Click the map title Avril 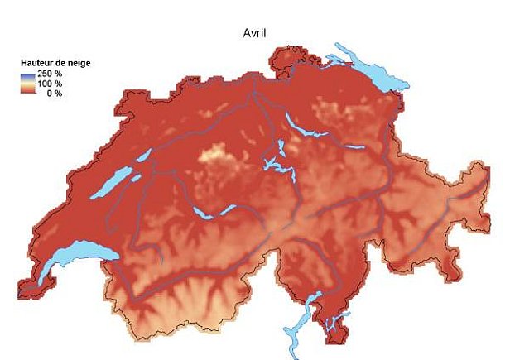(x=253, y=33)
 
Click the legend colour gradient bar (x=27, y=84)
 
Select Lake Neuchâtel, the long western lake (x=113, y=182)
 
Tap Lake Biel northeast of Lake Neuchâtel (x=142, y=156)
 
